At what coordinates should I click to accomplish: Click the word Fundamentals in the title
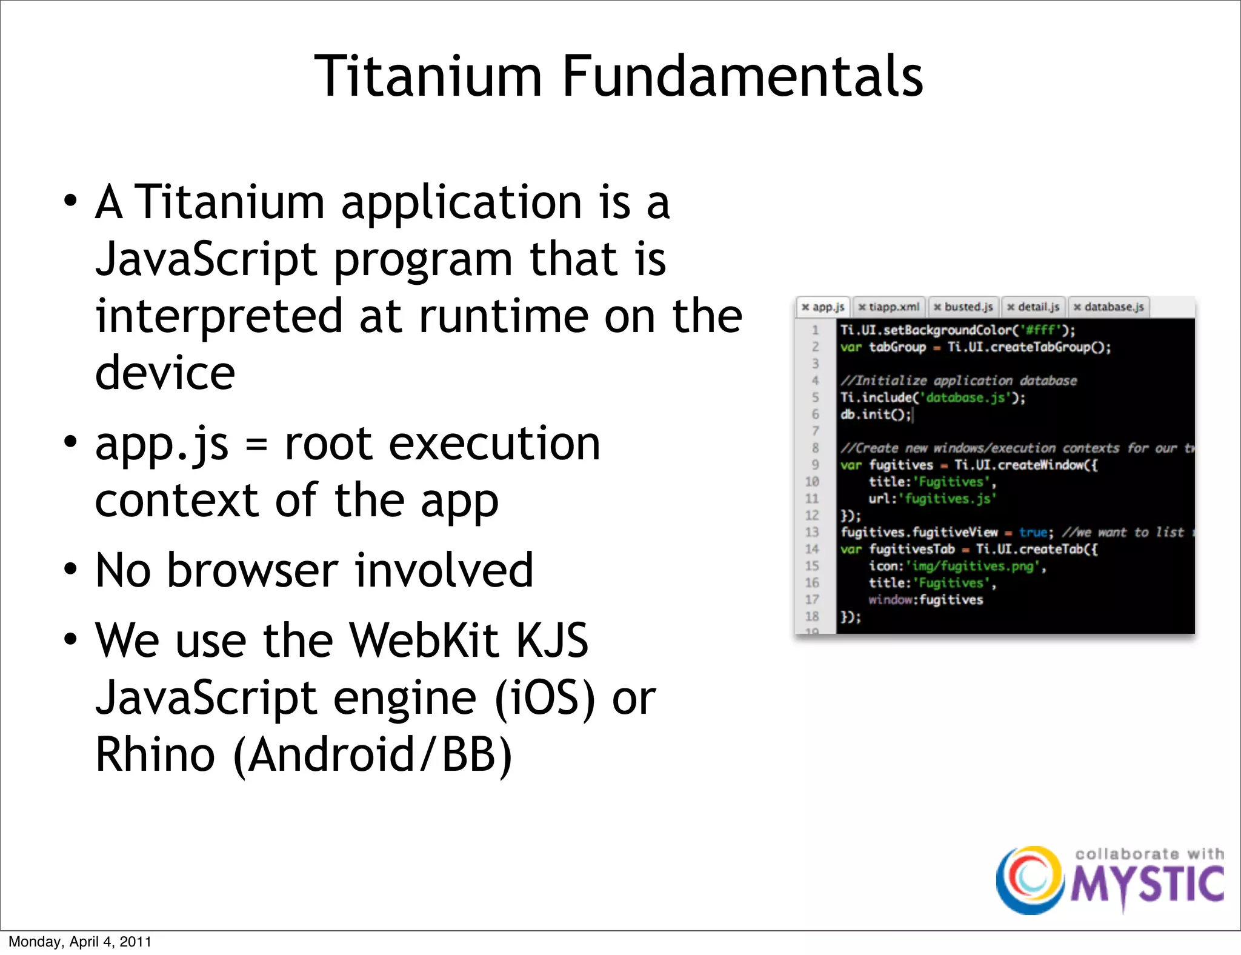[x=742, y=76]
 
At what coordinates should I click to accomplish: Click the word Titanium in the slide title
[x=428, y=76]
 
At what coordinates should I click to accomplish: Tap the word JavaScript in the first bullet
[x=206, y=259]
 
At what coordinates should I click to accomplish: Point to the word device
[x=165, y=373]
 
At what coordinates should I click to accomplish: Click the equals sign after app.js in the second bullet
[x=256, y=445]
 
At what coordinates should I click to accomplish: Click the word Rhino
[x=155, y=755]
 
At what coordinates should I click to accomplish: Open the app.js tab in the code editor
[x=823, y=307]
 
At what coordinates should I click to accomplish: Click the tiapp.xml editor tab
[x=890, y=307]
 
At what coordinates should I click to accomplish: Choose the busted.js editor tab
[x=963, y=307]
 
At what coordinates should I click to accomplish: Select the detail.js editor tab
[x=1034, y=307]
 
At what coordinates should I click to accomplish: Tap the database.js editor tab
[x=1109, y=307]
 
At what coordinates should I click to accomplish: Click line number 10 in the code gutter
[x=812, y=482]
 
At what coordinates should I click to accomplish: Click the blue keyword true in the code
[x=1033, y=533]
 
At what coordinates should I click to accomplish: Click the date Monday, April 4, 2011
[x=80, y=942]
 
